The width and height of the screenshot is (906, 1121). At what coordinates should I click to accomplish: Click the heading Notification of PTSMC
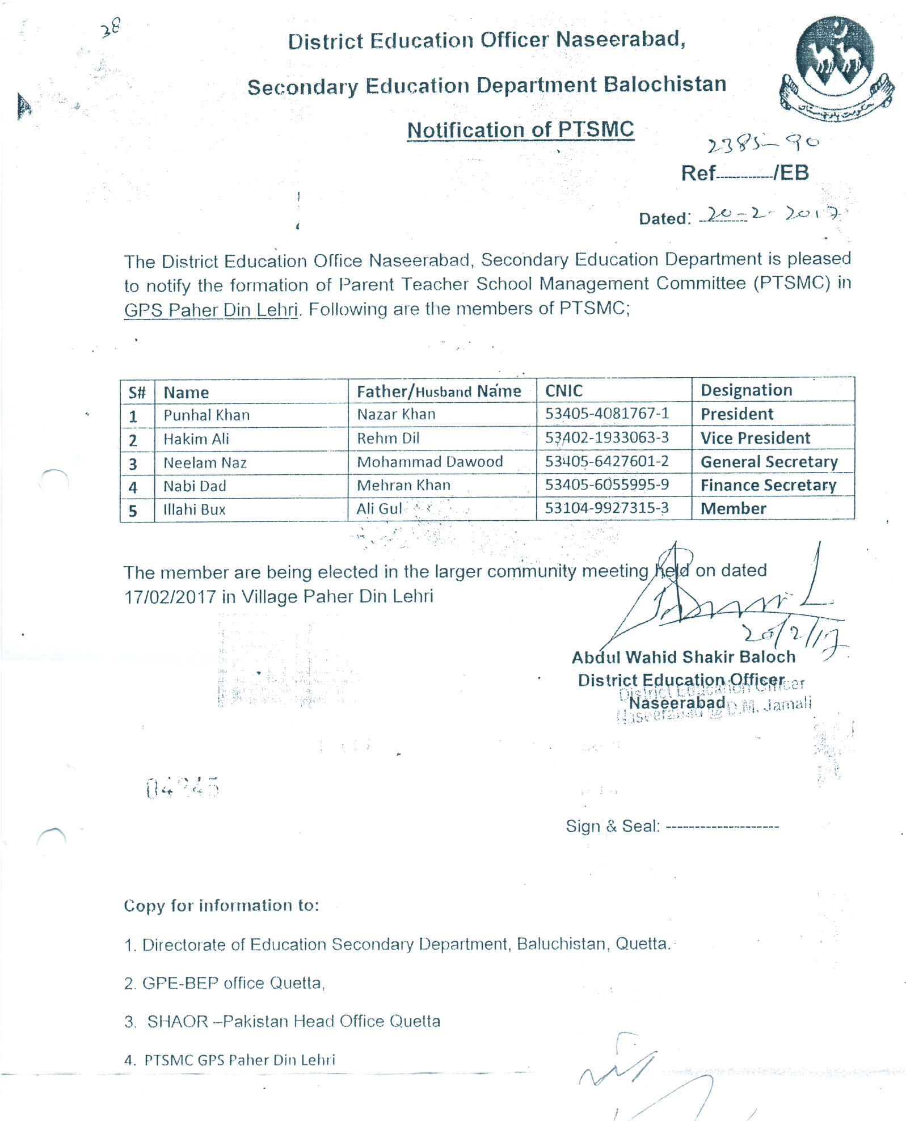[x=520, y=130]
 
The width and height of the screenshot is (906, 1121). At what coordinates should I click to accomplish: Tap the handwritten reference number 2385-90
[x=762, y=144]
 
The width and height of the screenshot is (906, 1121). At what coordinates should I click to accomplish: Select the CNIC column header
[x=564, y=391]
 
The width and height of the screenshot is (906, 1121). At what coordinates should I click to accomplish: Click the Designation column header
[x=746, y=390]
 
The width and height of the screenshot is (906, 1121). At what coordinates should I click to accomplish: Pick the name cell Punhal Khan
[x=207, y=415]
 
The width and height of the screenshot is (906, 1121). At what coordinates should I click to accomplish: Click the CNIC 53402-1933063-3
[x=606, y=437]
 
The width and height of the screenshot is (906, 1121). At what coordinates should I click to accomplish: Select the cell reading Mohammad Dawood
[x=429, y=462]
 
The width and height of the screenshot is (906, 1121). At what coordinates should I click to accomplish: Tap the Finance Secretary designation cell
[x=768, y=486]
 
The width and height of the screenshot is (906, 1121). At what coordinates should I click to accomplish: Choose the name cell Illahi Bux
[x=194, y=509]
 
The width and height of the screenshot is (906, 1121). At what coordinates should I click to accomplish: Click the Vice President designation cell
[x=755, y=438]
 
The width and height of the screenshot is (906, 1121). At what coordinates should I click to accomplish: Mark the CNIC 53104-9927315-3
[x=606, y=508]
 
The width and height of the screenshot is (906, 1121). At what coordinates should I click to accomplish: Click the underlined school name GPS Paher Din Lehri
[x=210, y=310]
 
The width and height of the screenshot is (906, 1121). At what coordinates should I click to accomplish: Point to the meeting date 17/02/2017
[x=170, y=597]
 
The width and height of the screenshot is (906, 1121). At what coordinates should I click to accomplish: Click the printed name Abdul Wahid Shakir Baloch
[x=683, y=658]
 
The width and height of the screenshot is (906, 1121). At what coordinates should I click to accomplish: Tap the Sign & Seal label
[x=612, y=826]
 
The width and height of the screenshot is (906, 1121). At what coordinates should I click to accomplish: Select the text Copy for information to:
[x=221, y=905]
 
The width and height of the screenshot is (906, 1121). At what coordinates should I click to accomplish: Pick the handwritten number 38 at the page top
[x=111, y=27]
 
